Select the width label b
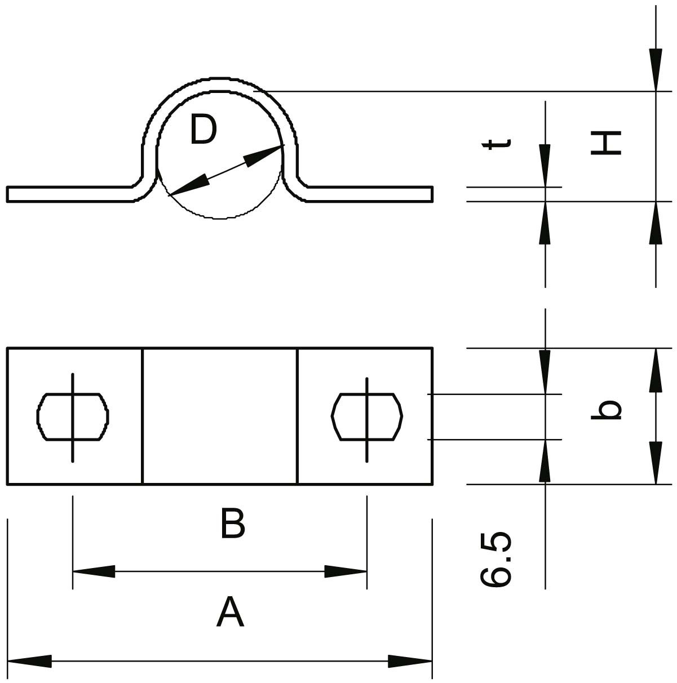coord(606,410)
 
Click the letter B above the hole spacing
coord(232,524)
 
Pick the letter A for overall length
coord(230,614)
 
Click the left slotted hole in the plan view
coord(73,416)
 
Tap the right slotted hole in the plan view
coord(367,416)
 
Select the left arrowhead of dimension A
coord(28,661)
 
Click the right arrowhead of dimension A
coord(410,661)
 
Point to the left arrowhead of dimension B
coord(93,571)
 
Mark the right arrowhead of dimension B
coord(346,571)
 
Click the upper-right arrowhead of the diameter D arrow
coord(265,154)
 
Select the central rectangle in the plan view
coord(220,416)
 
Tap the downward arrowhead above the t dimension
coord(545,165)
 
